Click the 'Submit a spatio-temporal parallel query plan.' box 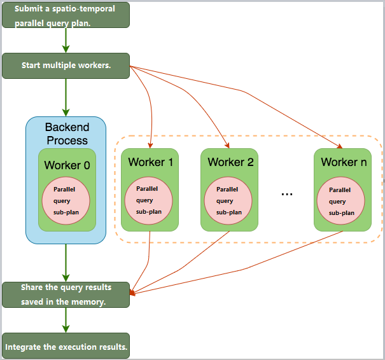[x=66, y=15]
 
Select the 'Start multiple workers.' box [x=66, y=66]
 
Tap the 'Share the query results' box [x=66, y=294]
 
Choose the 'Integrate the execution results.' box [x=66, y=347]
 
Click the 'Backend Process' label [x=66, y=133]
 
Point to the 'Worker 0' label [x=67, y=165]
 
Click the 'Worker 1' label [x=150, y=162]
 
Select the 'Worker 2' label [x=230, y=162]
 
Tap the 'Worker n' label [x=343, y=162]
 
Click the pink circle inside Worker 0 [x=66, y=200]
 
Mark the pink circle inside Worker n [x=342, y=200]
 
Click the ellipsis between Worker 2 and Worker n [x=286, y=193]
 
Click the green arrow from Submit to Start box [x=66, y=40]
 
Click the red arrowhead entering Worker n [x=340, y=146]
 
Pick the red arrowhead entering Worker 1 [x=150, y=146]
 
